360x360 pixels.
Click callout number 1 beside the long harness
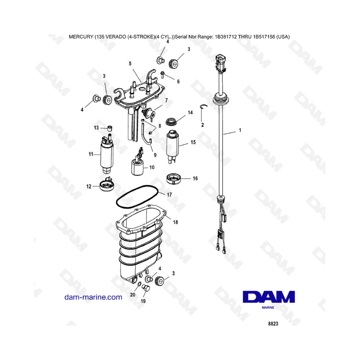click(240, 130)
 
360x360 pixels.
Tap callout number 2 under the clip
click(202, 125)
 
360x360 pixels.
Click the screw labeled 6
click(162, 74)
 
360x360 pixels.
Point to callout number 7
click(166, 100)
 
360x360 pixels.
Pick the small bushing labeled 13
click(110, 128)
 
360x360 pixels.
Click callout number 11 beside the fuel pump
click(91, 154)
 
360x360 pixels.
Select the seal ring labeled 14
click(172, 122)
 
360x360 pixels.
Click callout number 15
click(193, 142)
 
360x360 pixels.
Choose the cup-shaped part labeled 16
click(173, 179)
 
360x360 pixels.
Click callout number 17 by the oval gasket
click(169, 195)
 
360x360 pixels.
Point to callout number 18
click(176, 222)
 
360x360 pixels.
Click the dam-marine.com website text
click(93, 297)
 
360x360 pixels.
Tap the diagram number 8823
click(273, 324)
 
